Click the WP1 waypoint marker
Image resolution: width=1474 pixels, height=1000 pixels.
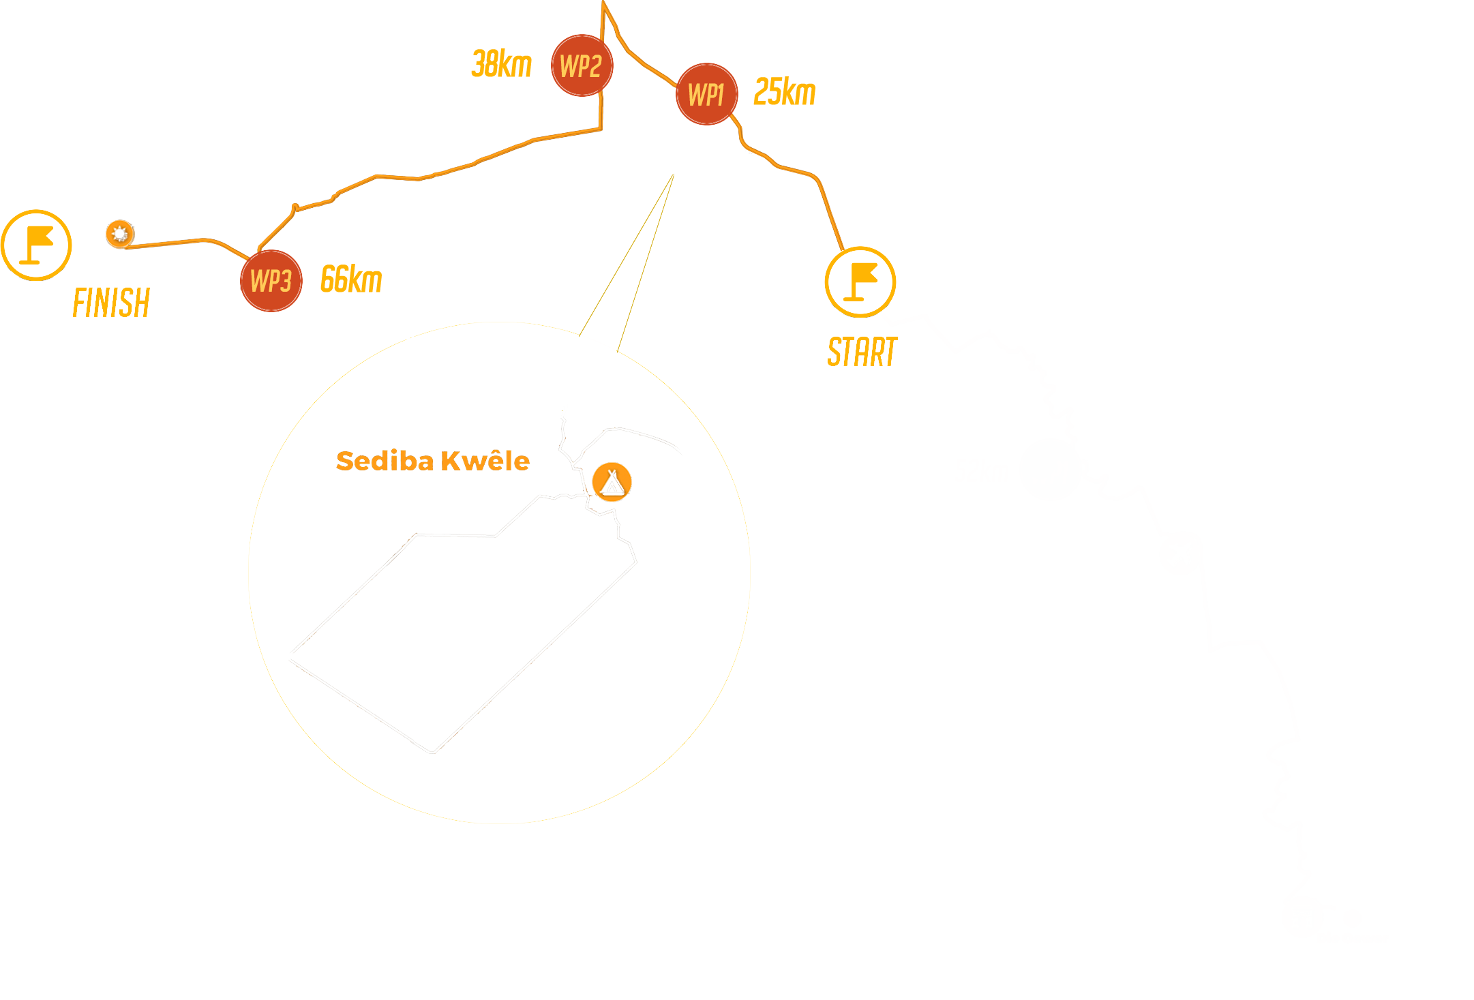click(x=707, y=94)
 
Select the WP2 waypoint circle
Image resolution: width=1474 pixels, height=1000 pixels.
click(x=582, y=65)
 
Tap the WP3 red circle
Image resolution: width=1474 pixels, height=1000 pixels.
click(x=271, y=281)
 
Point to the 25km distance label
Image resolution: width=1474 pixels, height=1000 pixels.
click(x=785, y=92)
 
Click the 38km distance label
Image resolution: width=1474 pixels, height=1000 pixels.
click(x=502, y=64)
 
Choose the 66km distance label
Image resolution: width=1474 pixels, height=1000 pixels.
click(x=352, y=279)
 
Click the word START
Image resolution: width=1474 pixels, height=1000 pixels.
click(x=862, y=352)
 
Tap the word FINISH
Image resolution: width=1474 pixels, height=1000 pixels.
click(x=112, y=303)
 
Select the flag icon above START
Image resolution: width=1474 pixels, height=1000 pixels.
click(x=860, y=282)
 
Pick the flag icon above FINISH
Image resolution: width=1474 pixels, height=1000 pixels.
click(x=36, y=245)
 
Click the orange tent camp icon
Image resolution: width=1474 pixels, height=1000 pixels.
click(x=612, y=482)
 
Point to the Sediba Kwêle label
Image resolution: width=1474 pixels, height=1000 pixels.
click(x=433, y=461)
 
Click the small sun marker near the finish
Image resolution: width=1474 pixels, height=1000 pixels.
click(x=120, y=234)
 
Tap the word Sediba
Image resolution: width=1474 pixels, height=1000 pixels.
click(x=385, y=461)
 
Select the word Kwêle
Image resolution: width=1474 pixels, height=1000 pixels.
click(x=485, y=461)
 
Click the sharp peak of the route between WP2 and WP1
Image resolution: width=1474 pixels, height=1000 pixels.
click(x=604, y=2)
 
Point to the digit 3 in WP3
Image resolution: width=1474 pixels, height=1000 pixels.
click(x=286, y=281)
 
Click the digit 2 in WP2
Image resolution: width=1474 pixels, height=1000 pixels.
click(x=595, y=66)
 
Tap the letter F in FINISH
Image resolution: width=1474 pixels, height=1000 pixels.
click(x=79, y=303)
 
